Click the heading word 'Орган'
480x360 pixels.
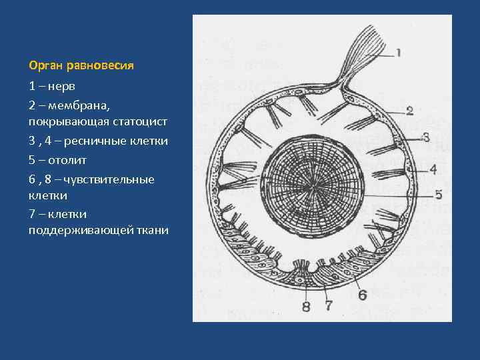click(46, 66)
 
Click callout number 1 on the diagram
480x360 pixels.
click(398, 52)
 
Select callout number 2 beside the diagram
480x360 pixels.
click(409, 111)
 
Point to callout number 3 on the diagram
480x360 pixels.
click(426, 137)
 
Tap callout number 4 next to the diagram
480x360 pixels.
click(433, 169)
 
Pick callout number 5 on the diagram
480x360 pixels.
click(438, 195)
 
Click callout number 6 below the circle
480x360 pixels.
click(362, 295)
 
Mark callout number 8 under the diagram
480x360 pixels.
click(306, 307)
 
